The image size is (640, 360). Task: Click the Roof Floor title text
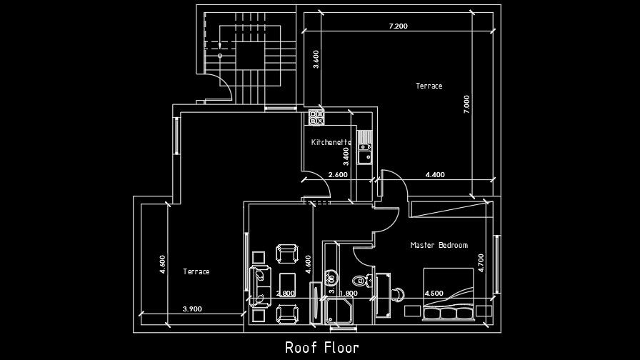pos(321,348)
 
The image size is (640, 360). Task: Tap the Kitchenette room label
pos(331,142)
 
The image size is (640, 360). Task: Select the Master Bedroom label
pos(439,245)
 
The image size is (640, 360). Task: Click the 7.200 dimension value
pos(398,26)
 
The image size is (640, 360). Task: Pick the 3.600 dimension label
pos(316,57)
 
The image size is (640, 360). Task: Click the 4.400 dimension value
pos(434,174)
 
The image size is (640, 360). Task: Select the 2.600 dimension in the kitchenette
pos(338,174)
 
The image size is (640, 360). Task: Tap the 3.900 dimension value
pos(192,309)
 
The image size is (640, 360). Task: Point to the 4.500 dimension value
pos(434,293)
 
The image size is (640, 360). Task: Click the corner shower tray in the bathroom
pos(341,313)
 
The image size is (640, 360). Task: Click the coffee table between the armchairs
pos(287,282)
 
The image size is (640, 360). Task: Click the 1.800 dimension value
pos(349,293)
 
